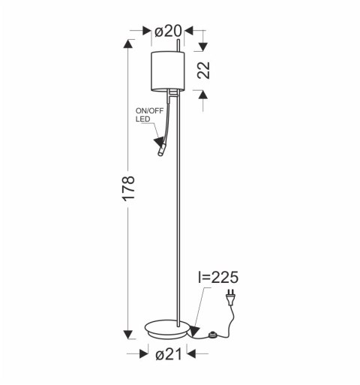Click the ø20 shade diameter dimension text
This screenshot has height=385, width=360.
(168, 31)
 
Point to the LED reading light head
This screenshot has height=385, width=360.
(161, 152)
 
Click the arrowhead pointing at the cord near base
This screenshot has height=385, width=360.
(193, 329)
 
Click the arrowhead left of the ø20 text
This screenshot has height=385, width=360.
(147, 31)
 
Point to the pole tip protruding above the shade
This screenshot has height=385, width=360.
(178, 47)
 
